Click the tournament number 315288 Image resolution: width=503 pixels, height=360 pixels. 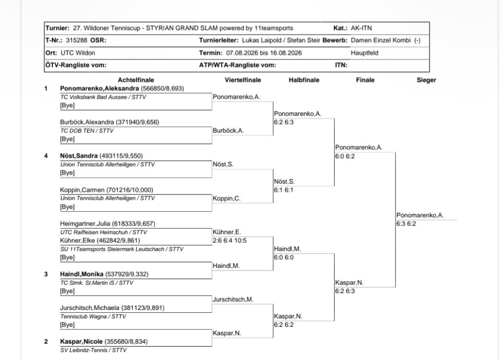[76, 40]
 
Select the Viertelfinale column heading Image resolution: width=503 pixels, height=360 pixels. [243, 80]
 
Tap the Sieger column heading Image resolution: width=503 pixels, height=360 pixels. [427, 80]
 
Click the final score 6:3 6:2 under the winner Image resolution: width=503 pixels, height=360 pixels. [406, 224]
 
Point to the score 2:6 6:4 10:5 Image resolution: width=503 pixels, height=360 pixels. [229, 241]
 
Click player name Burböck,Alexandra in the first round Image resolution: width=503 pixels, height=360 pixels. [87, 122]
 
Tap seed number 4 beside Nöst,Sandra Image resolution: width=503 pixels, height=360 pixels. [46, 156]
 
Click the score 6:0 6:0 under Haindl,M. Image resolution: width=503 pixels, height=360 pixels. [284, 257]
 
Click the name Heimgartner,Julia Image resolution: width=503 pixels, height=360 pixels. [85, 223]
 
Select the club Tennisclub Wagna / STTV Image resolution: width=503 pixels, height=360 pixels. [93, 317]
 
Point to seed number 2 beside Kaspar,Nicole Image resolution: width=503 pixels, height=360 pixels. [46, 341]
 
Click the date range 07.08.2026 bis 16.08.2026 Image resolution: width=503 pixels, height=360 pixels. [264, 53]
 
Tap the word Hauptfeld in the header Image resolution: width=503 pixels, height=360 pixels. [365, 53]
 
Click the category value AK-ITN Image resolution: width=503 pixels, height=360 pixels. [361, 28]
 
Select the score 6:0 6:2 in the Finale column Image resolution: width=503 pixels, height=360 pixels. [345, 156]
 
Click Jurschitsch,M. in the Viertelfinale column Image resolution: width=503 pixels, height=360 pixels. [233, 299]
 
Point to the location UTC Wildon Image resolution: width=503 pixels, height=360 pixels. [77, 53]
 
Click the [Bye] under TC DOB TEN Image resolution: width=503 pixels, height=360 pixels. [67, 139]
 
